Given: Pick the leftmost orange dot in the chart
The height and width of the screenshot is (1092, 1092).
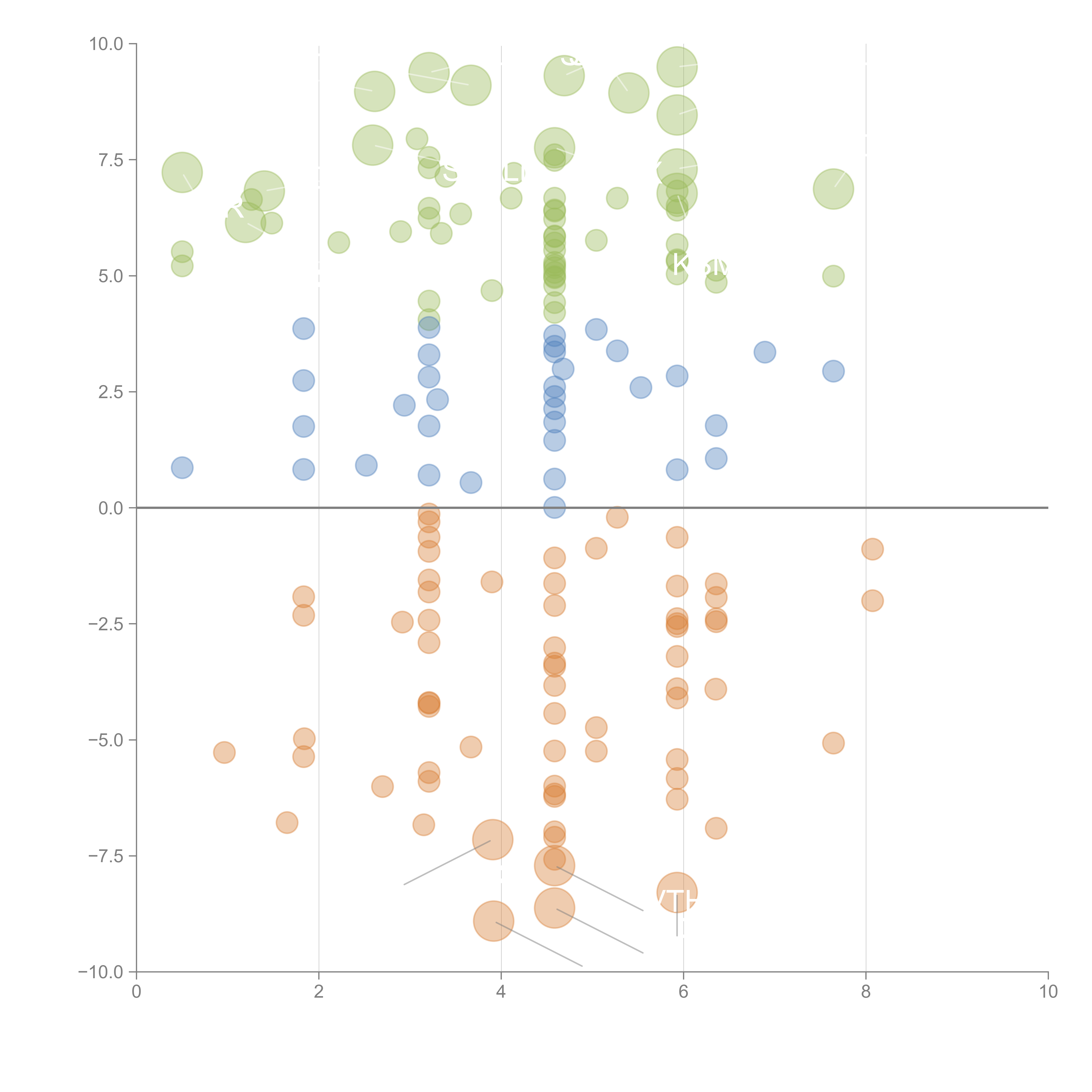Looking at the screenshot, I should coord(224,752).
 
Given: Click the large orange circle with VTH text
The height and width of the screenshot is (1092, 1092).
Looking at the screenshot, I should coord(677,892).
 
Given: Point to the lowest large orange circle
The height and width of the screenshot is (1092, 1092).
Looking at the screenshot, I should coord(493,921).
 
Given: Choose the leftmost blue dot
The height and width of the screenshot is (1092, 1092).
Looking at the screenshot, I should coord(182,467).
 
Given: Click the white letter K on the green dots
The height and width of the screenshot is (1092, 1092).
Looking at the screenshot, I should coord(681,264).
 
